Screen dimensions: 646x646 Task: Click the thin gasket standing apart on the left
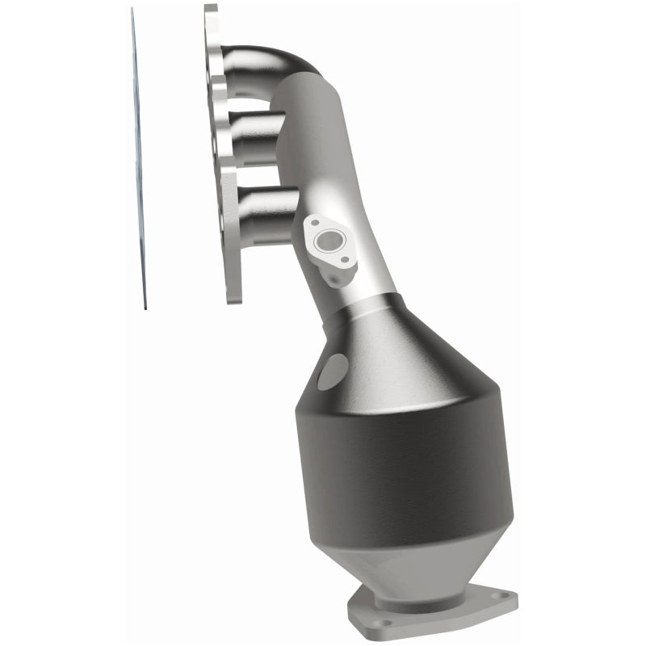tap(138, 161)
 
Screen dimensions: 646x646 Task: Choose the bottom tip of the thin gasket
tap(145, 307)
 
